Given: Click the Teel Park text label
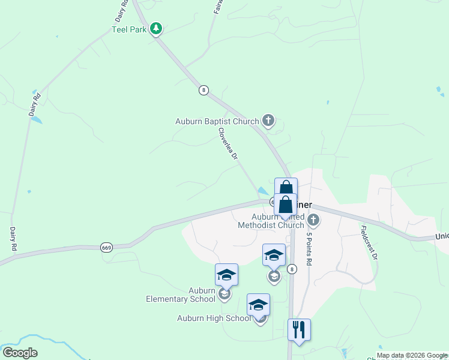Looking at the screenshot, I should [129, 29].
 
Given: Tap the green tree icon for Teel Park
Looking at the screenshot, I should [156, 28].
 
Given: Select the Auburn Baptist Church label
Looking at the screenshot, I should [217, 121].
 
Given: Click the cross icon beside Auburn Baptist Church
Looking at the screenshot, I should [268, 121].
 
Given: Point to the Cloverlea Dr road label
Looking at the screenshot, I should [229, 143].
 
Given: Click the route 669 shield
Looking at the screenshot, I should [107, 247].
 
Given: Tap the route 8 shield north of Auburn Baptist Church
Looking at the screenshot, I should [204, 90].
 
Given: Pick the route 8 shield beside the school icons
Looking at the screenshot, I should [292, 269].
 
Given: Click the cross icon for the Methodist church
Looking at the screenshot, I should [312, 220].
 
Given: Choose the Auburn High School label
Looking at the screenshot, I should [214, 318].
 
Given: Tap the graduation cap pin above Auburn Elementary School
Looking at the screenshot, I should [227, 275].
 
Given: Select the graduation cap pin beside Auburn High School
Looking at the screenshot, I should [259, 305].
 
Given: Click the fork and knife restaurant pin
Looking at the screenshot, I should [299, 329].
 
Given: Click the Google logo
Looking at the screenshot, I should [20, 353].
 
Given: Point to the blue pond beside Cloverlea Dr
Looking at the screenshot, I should [262, 191].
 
